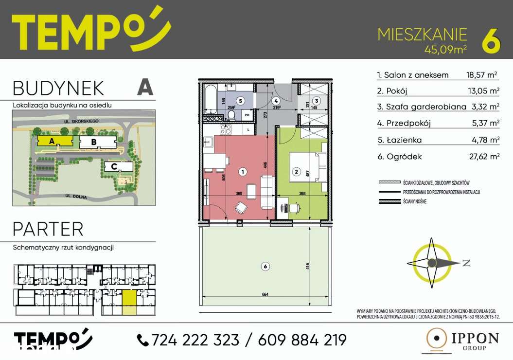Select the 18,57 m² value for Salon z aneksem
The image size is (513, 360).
(x=479, y=75)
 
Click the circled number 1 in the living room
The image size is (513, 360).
(x=243, y=171)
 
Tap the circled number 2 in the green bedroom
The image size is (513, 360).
(x=295, y=171)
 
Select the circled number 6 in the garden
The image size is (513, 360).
(x=265, y=266)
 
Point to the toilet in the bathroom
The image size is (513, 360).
(x=232, y=115)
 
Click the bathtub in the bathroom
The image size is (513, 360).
(x=210, y=101)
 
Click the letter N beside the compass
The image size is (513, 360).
(x=466, y=263)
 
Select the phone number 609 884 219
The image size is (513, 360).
(x=296, y=340)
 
